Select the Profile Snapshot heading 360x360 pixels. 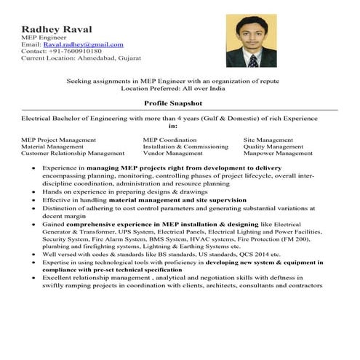pyautogui.click(x=173, y=105)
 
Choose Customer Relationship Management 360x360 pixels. pyautogui.click(x=73, y=154)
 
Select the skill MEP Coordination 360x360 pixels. pyautogui.click(x=169, y=140)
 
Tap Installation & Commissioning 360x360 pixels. pyautogui.click(x=180, y=147)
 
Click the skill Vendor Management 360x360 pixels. pyautogui.click(x=172, y=154)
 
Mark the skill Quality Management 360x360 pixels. pyautogui.click(x=273, y=147)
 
